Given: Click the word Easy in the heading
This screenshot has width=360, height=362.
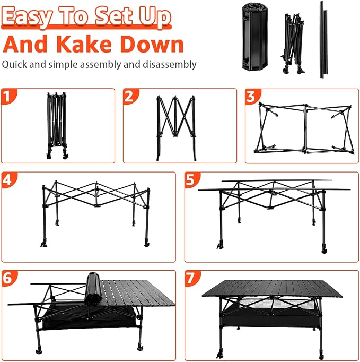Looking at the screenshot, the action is [27, 16].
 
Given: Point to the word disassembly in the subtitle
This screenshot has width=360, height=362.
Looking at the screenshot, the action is [170, 64].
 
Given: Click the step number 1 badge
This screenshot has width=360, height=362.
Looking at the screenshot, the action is [7, 96].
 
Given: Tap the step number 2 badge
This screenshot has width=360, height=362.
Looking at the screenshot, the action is [129, 96].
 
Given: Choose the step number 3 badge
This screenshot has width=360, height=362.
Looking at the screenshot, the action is [251, 96].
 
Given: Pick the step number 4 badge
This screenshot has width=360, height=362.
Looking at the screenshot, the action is [8, 180].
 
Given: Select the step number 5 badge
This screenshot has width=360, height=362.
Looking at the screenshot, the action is [191, 180].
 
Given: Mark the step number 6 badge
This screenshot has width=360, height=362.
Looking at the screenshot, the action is [8, 278].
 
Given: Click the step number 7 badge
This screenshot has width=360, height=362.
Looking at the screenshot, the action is [191, 278].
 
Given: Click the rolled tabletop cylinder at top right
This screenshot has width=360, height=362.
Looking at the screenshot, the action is [254, 37].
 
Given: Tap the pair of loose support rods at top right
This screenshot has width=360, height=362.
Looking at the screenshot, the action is [323, 40].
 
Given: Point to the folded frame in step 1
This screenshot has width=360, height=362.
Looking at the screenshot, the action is [57, 126].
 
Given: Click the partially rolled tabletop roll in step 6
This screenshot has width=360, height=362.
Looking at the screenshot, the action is [93, 289].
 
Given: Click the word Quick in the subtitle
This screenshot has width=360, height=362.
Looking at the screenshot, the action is [14, 64].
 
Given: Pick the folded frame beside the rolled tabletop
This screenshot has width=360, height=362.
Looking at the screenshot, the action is [293, 44].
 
